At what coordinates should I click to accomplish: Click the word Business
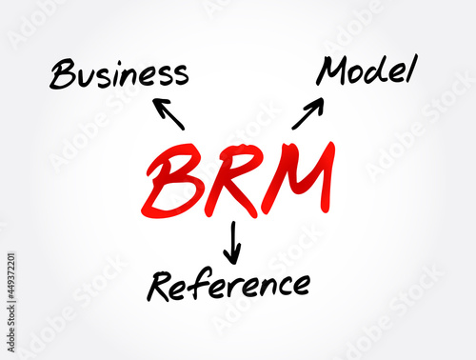119,73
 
